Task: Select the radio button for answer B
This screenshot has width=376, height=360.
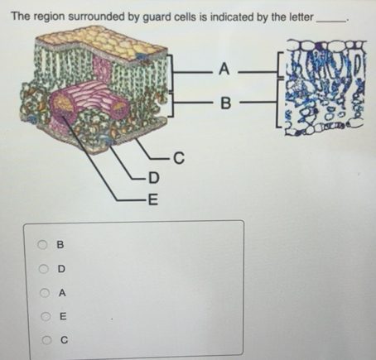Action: pos(42,244)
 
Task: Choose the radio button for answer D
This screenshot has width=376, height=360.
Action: pos(43,268)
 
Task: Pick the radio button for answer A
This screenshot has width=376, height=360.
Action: pos(45,292)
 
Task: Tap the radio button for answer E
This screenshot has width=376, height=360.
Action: pos(46,316)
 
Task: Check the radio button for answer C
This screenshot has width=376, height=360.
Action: pos(46,340)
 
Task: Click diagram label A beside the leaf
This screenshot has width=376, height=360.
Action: pos(224,69)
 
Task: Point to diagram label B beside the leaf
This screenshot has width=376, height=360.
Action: pos(225,103)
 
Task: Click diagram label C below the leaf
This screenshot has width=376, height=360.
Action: pos(179,158)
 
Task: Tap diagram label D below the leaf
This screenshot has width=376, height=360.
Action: pos(154,178)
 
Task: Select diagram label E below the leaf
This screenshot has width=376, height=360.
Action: pos(153,199)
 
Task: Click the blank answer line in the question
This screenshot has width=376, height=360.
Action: pos(331,22)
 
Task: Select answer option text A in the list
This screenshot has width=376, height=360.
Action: pos(62,293)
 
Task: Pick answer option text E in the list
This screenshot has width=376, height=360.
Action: pos(63,316)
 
